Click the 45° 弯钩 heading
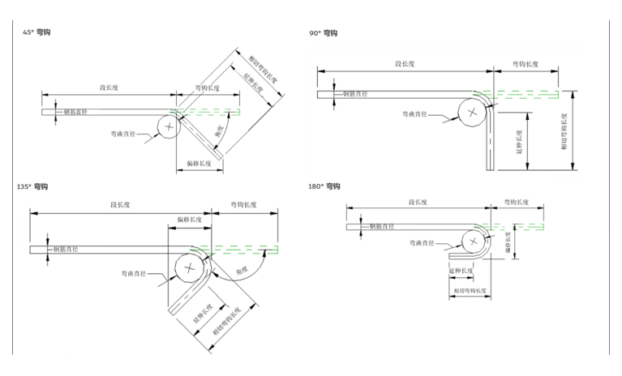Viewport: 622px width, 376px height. (37, 32)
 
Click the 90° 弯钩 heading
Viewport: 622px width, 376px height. (323, 33)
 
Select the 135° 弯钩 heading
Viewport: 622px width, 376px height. (32, 186)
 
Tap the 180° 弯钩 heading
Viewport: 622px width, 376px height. (324, 186)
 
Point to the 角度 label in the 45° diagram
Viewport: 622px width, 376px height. (218, 129)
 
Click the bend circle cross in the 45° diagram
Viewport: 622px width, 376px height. (169, 126)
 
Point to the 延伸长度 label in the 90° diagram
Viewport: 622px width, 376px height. (519, 140)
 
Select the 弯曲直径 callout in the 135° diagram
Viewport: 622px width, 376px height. (135, 271)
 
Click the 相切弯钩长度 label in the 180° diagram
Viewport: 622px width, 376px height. (470, 290)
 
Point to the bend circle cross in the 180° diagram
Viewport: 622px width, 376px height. (471, 241)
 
